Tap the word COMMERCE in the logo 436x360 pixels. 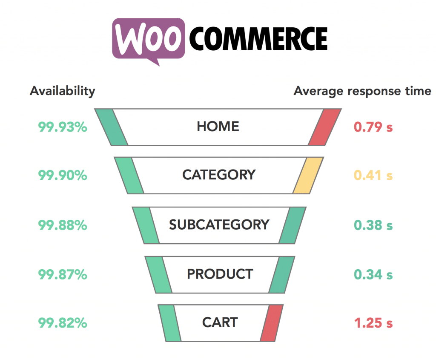[x=258, y=39]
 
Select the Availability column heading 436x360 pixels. [x=63, y=91]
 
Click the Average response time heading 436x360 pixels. [x=362, y=91]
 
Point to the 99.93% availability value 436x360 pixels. [x=63, y=127]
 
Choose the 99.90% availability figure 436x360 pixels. [x=63, y=175]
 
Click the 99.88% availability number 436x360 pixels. [x=63, y=225]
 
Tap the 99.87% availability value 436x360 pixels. [x=63, y=274]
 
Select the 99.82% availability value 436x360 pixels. [x=63, y=323]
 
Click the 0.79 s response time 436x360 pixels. [x=373, y=127]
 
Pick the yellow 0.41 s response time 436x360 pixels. [x=373, y=175]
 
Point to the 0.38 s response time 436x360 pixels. [x=373, y=225]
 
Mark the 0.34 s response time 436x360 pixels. [x=373, y=274]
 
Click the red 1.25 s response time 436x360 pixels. [x=373, y=323]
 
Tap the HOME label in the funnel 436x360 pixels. [x=218, y=127]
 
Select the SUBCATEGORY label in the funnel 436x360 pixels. [x=219, y=225]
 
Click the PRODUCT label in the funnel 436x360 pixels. [x=220, y=274]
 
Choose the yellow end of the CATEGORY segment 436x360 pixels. [x=308, y=175]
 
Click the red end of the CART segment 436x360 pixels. [x=272, y=323]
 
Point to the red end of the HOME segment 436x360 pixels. [x=325, y=127]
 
